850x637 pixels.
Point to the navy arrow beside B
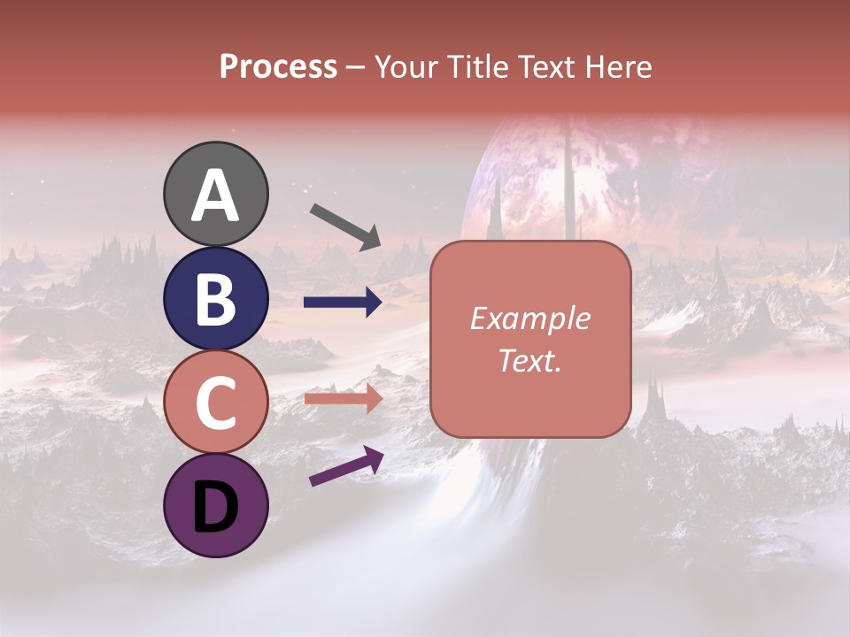click(343, 303)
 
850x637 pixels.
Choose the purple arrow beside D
click(346, 465)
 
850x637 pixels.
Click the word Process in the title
click(278, 66)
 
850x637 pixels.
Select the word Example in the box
click(529, 318)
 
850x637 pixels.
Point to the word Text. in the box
click(529, 360)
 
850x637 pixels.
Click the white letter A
click(215, 196)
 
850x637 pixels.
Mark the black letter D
click(215, 505)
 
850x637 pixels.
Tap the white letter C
click(215, 403)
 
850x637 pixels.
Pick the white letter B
click(215, 299)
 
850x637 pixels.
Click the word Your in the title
click(406, 66)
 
